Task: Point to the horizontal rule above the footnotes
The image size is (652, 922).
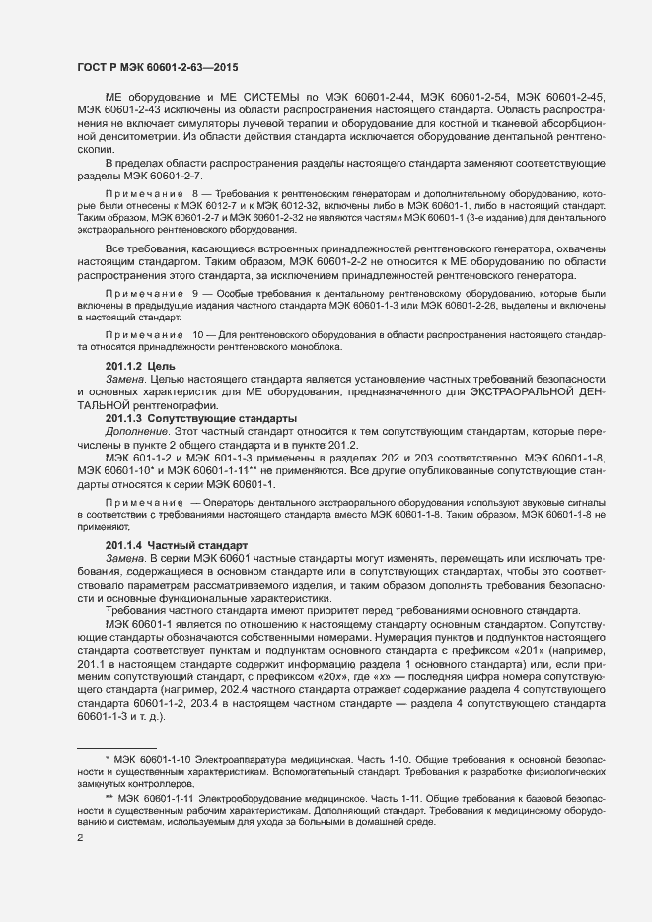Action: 116,746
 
